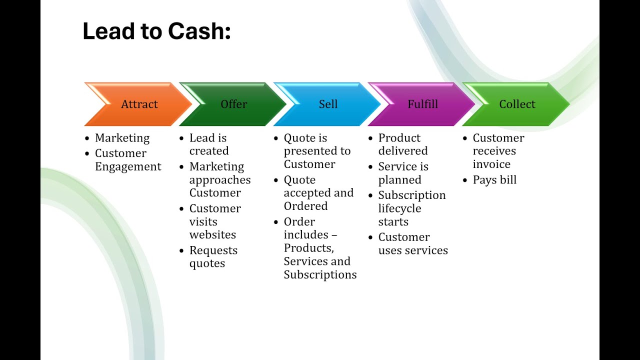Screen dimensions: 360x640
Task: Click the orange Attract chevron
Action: pos(138,104)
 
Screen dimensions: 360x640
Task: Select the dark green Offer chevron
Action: pos(233,104)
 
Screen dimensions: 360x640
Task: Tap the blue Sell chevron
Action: pos(328,104)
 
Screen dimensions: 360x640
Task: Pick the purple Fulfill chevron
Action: pos(422,104)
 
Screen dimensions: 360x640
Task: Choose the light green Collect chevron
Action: pos(517,104)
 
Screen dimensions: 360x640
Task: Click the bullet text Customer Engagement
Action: pos(128,160)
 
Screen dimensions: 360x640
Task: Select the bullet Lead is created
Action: pos(208,144)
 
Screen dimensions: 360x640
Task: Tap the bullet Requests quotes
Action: pos(213,257)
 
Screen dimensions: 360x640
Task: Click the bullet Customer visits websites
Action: pos(214,221)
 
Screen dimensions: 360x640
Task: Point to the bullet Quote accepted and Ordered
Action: pos(318,193)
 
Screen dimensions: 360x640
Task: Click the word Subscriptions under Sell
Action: pos(320,274)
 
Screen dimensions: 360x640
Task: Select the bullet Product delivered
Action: pos(402,144)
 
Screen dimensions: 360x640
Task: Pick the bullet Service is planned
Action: pos(403,173)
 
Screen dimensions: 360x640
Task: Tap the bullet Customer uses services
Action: pos(412,244)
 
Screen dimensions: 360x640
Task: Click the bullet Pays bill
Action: pos(494,180)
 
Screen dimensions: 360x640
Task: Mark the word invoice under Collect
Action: pos(491,164)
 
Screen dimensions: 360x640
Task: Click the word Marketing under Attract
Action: pos(122,138)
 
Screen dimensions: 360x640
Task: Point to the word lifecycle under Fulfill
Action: pos(399,208)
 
